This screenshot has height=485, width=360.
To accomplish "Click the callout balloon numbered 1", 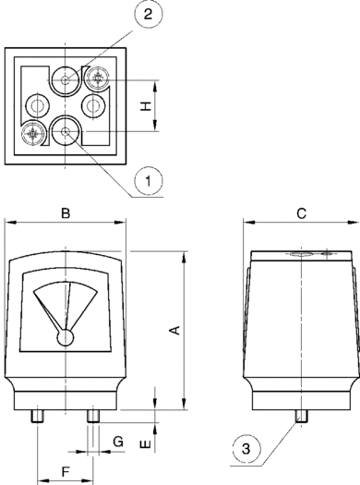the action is (149, 181).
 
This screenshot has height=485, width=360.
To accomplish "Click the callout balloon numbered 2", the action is (149, 14).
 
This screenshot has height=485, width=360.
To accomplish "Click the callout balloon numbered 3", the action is (246, 448).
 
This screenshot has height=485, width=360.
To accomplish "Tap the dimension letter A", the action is (175, 330).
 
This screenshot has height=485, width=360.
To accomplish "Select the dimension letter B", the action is (66, 213).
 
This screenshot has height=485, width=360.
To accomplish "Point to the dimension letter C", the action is (301, 213).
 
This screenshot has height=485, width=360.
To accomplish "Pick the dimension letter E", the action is (146, 444).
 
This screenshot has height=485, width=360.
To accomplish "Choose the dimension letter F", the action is (66, 472).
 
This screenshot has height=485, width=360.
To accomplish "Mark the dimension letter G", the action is (118, 442).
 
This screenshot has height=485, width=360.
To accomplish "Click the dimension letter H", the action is (146, 106).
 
